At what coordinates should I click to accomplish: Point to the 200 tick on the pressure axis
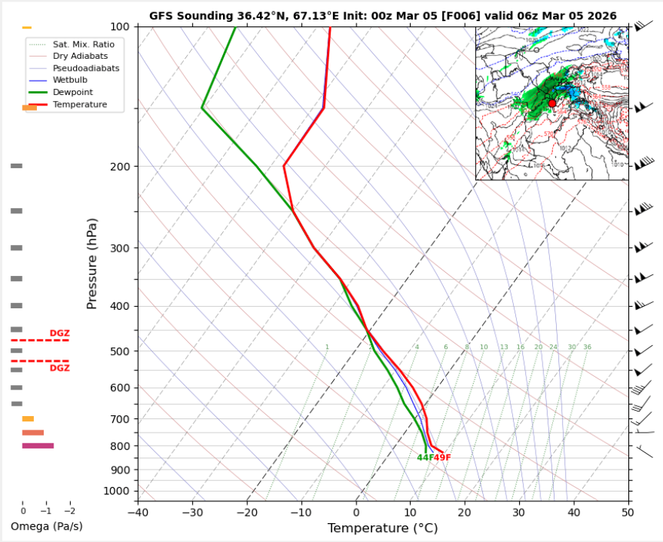124,167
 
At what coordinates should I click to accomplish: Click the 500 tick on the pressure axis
124,351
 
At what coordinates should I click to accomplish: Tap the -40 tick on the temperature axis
138,512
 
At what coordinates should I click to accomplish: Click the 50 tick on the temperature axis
628,512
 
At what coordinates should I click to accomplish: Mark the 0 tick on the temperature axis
356,512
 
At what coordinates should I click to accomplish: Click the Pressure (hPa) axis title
92,264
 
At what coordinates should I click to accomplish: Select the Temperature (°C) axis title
383,528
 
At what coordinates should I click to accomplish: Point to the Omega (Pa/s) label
47,525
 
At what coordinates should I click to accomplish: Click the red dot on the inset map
551,103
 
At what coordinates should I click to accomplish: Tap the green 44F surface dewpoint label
425,458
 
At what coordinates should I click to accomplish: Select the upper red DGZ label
60,333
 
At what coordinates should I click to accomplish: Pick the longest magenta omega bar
38,446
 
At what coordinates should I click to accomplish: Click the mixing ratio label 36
587,348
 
